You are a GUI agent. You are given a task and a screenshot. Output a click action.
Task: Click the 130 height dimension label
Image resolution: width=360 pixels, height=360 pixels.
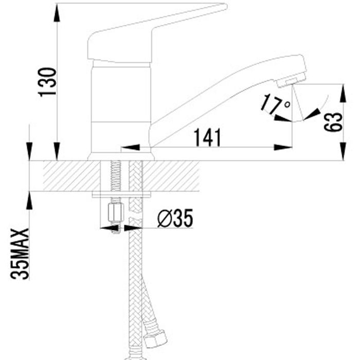(47, 82)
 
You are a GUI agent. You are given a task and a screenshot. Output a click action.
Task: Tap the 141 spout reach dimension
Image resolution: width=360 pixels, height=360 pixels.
(207, 137)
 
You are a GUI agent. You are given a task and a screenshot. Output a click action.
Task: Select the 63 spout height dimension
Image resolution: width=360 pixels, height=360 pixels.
(333, 122)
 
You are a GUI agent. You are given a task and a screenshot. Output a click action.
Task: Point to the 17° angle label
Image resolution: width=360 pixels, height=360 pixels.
(275, 104)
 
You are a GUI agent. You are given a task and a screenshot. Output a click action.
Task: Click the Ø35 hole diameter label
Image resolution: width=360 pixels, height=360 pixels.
(175, 219)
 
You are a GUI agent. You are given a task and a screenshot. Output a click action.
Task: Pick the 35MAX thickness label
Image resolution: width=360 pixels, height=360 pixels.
(20, 254)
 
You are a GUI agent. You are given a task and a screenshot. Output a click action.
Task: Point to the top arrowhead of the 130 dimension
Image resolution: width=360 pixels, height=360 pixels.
(57, 13)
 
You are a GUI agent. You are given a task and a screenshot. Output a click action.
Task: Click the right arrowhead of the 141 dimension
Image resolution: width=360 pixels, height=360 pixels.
(283, 147)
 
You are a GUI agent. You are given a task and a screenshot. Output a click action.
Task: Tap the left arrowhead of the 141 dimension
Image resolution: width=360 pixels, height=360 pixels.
(130, 147)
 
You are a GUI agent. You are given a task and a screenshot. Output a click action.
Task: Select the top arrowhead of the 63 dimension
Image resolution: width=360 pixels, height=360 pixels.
(343, 93)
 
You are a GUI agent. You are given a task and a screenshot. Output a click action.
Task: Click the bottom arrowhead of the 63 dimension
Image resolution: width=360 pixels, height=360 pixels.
(343, 151)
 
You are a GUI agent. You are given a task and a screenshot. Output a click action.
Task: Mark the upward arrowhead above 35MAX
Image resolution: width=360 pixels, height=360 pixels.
(29, 201)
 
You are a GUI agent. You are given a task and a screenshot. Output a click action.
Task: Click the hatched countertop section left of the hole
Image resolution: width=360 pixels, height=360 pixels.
(71, 176)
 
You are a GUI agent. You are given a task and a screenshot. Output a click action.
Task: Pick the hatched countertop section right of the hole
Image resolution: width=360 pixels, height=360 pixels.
(171, 176)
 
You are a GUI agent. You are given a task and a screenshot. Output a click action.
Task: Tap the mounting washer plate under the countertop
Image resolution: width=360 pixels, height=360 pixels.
(121, 194)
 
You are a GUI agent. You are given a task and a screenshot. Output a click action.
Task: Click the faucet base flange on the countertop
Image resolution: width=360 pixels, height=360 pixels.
(121, 157)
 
